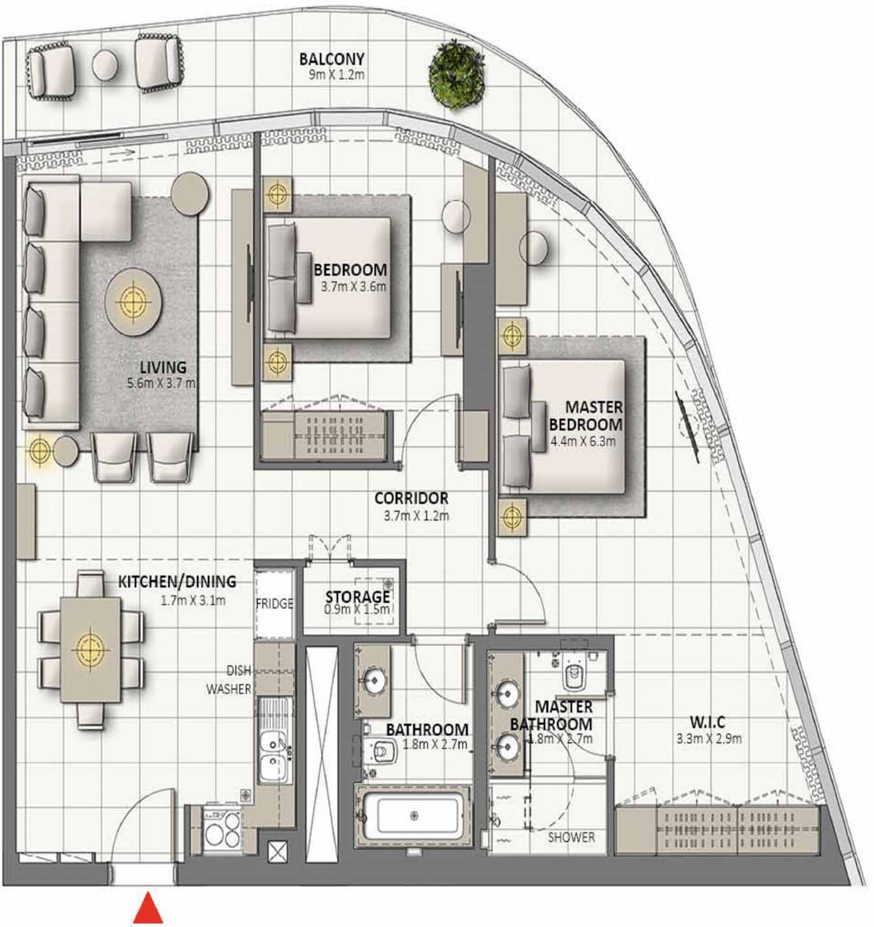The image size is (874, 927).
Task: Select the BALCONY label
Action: [331, 60]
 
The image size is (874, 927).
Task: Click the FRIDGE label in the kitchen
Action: [274, 603]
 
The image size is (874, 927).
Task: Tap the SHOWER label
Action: [571, 837]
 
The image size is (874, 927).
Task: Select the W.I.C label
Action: [707, 722]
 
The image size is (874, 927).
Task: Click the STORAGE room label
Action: [357, 596]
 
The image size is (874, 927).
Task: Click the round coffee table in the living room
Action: [134, 301]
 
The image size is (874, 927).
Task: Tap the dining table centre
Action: [90, 648]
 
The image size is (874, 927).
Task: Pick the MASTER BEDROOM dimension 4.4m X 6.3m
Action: [583, 442]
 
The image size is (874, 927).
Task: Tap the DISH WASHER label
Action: [229, 680]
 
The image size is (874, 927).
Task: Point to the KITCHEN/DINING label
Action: [177, 581]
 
